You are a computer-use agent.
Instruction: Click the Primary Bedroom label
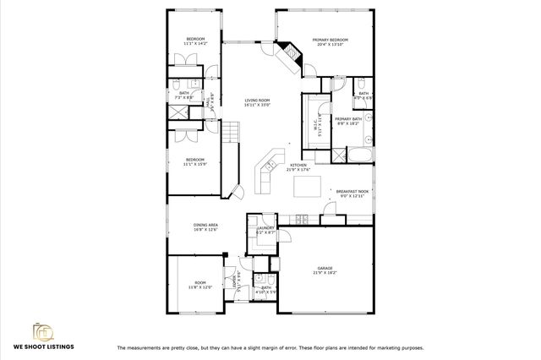[x=331, y=40]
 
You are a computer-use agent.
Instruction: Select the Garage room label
[x=325, y=268]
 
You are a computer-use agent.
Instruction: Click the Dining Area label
[x=205, y=225]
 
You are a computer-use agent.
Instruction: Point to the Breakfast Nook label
[x=352, y=192]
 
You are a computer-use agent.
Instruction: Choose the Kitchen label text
[x=298, y=166]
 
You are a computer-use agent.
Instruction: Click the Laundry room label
[x=264, y=227]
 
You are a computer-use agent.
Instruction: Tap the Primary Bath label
[x=348, y=119]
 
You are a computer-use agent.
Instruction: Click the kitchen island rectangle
[x=307, y=188]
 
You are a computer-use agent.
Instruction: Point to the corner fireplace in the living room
[x=291, y=56]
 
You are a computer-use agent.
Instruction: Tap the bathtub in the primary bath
[x=362, y=155]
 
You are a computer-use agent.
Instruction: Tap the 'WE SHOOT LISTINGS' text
[x=42, y=346]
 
